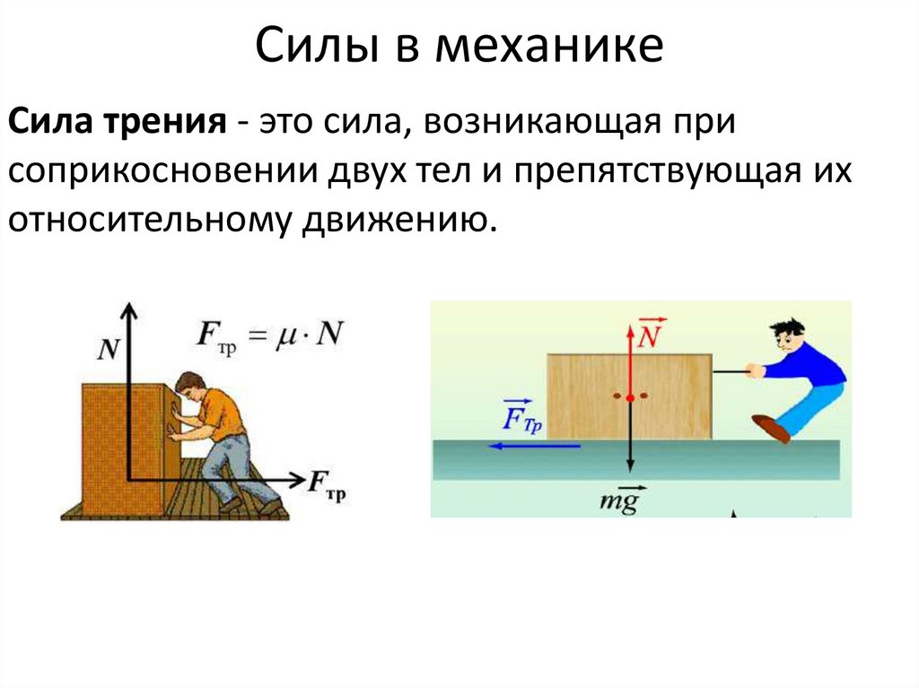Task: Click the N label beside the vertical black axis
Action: click(108, 349)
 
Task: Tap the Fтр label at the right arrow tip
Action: click(327, 484)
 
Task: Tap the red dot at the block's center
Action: click(631, 396)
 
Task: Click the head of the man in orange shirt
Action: click(190, 387)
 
